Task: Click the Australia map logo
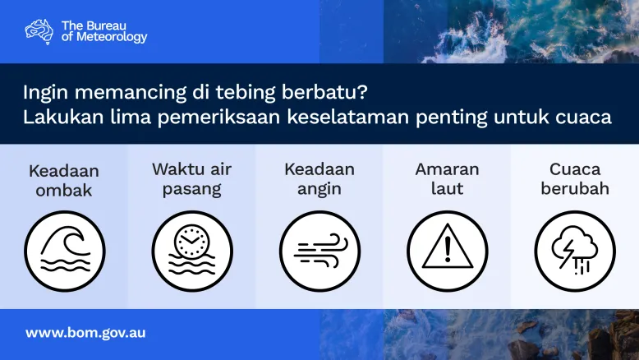[39, 31]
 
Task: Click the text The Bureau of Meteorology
[104, 31]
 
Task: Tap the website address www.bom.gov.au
[85, 333]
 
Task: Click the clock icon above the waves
[191, 242]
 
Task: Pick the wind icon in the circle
[319, 252]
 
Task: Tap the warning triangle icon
[448, 247]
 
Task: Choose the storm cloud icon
[575, 251]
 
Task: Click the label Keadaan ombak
[64, 181]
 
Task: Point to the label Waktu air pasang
[191, 179]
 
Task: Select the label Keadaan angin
[319, 179]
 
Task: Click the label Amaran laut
[447, 179]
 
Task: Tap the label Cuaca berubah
[575, 179]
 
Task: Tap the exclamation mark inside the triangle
[448, 249]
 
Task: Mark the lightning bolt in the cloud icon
[567, 254]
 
